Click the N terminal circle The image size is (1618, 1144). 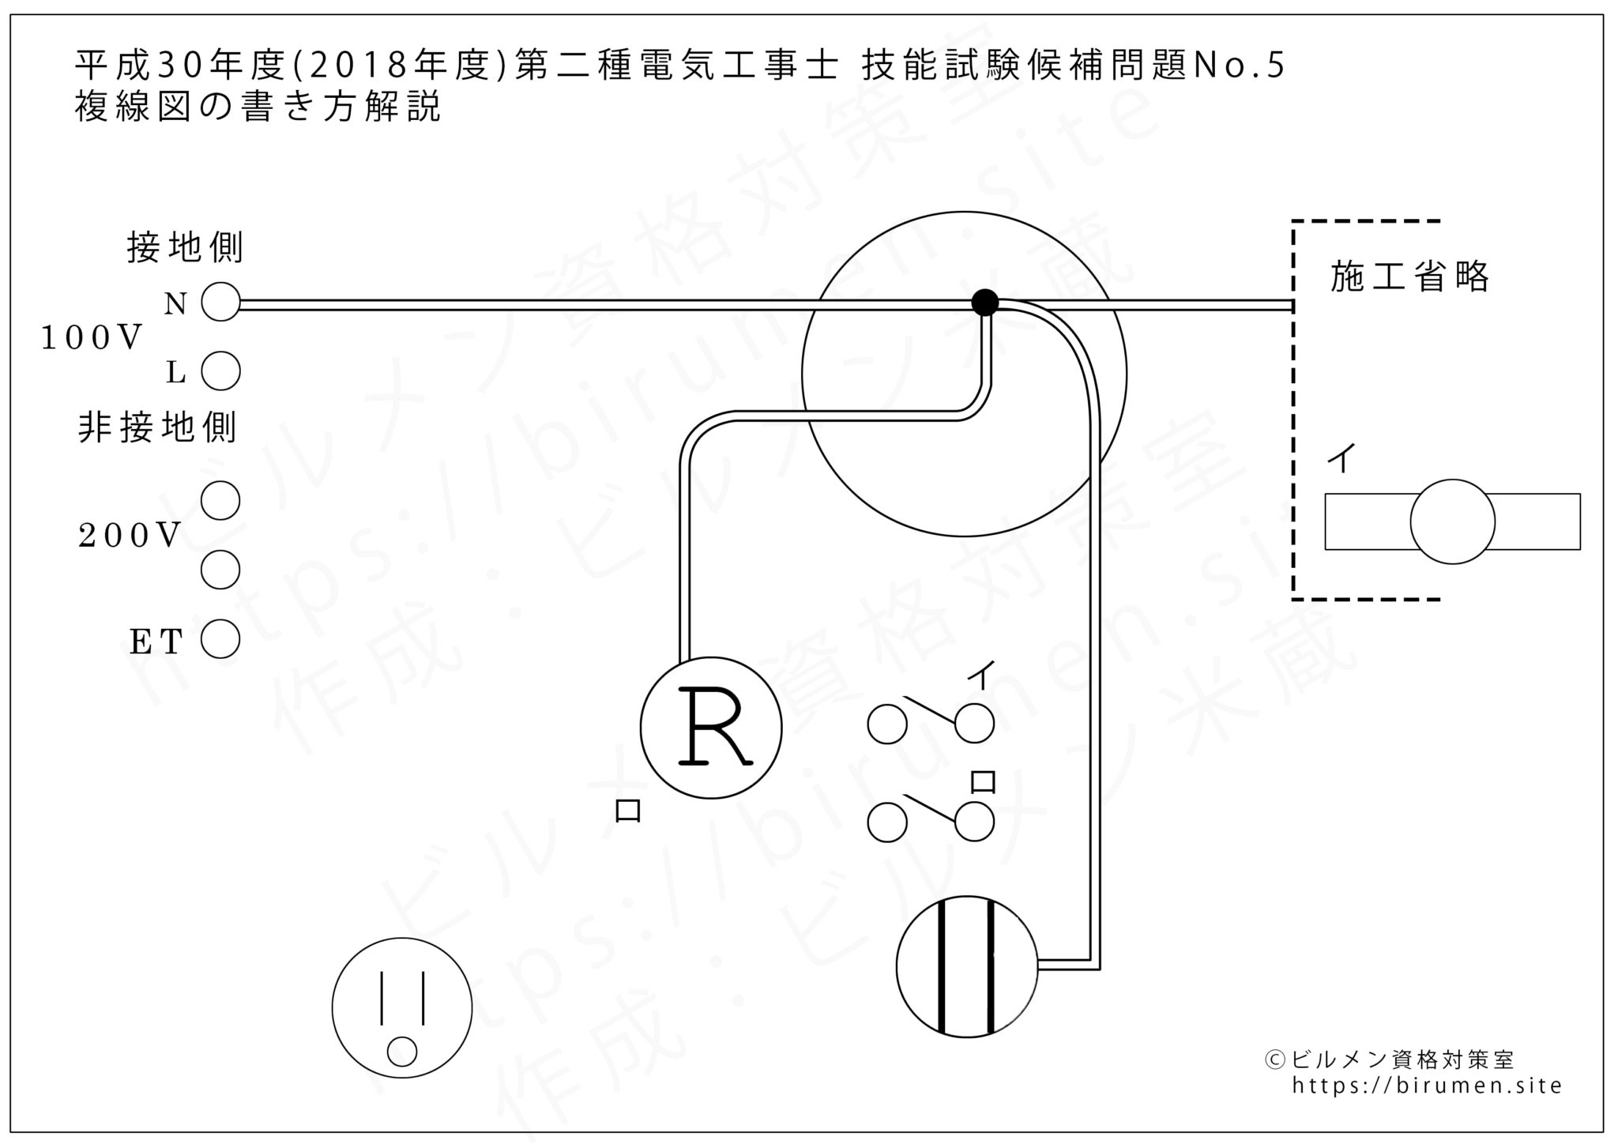point(220,302)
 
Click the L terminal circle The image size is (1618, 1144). point(220,371)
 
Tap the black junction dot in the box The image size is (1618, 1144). point(984,302)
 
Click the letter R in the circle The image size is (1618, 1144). point(714,727)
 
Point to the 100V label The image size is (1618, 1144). point(91,338)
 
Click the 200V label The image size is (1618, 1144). point(130,536)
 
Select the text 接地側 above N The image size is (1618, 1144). point(185,248)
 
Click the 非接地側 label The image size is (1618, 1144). point(157,428)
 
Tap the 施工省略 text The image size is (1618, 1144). point(1409,277)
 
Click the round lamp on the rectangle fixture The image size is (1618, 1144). point(1452,521)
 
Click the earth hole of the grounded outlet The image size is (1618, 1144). point(402,1052)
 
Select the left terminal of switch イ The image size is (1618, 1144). point(886,724)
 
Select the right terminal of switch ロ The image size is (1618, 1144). point(974,822)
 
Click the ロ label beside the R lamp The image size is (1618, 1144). point(627,811)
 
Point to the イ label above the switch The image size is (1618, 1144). point(980,676)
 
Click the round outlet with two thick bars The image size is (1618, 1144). point(966,965)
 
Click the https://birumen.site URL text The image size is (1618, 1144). point(1427,1086)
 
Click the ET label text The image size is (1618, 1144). point(156,642)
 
